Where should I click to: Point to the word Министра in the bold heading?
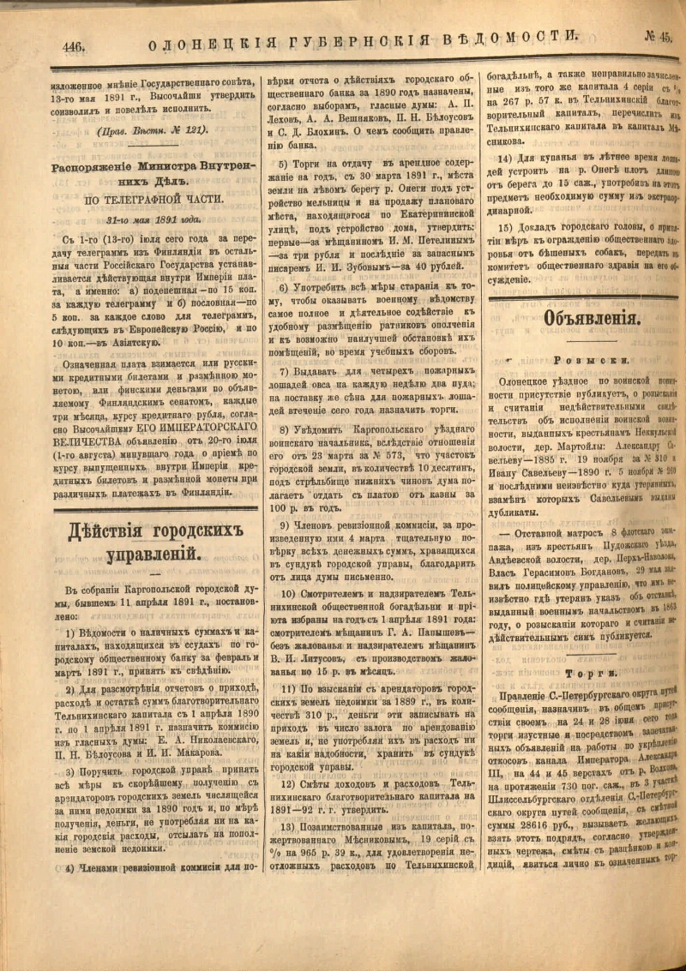pos(178,168)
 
